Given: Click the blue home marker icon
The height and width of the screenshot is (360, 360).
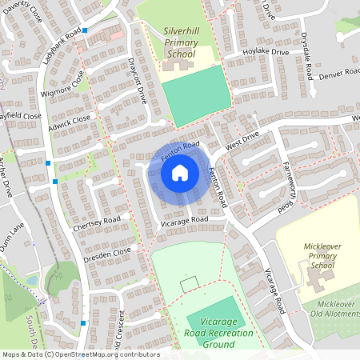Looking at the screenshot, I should click(180, 172).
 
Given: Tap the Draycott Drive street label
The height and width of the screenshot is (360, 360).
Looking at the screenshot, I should click(138, 81).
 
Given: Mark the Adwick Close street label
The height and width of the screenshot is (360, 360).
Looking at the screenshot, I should click(70, 121).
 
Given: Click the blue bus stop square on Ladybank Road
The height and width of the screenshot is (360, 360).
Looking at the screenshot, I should click(84, 30).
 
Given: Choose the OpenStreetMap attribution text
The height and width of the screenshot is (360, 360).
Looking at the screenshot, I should click(80, 354).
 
